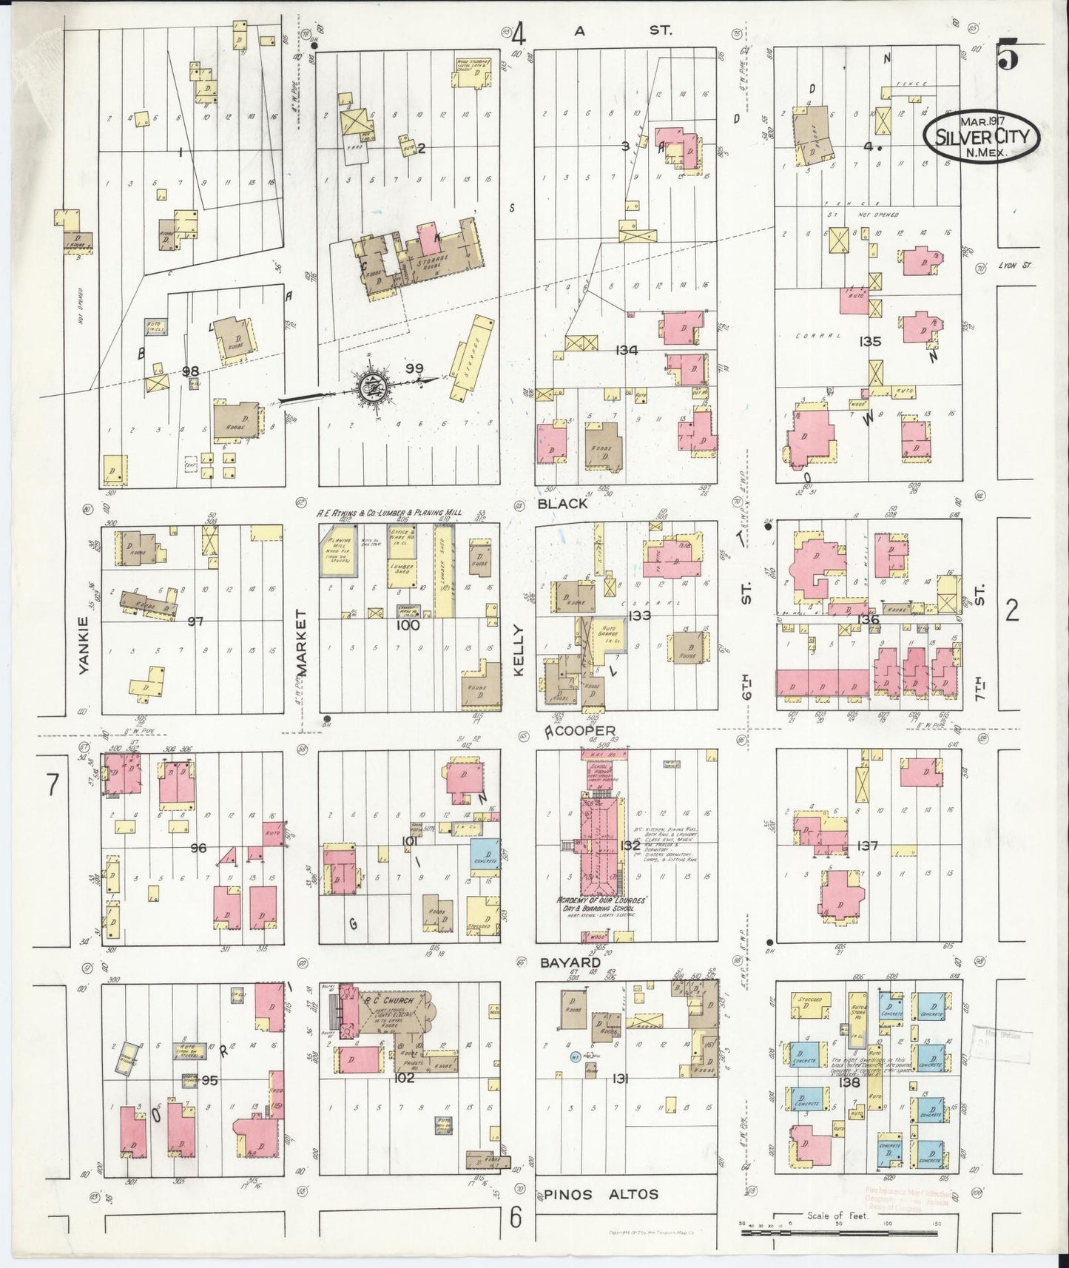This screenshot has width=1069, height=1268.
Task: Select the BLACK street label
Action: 563,504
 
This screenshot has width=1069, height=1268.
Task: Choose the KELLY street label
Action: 518,650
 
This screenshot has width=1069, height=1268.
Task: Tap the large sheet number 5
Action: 1008,56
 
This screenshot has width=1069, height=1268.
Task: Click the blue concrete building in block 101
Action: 485,853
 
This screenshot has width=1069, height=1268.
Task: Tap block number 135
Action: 870,342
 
